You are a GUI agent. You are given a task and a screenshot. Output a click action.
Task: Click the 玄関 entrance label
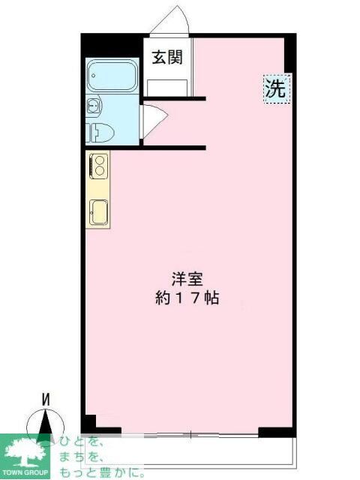tap(167, 58)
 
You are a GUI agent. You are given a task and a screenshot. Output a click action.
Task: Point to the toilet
tap(100, 132)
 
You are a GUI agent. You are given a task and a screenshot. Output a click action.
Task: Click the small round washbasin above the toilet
tap(93, 105)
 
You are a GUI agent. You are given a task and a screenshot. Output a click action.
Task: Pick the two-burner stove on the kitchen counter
tap(98, 165)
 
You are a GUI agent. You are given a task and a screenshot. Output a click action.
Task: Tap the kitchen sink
tap(98, 211)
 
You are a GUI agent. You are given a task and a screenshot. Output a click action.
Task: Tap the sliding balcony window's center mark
tap(191, 434)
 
